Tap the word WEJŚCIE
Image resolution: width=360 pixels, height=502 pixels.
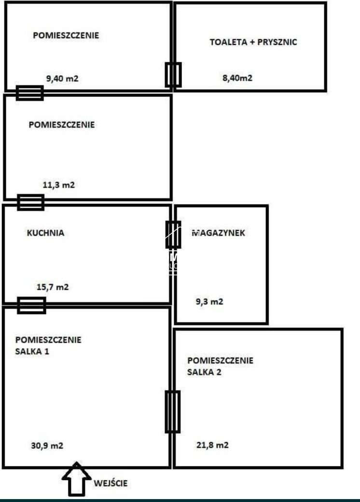(111, 483)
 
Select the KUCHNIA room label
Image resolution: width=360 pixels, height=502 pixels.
(45, 232)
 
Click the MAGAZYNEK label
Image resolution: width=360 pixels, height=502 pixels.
(219, 232)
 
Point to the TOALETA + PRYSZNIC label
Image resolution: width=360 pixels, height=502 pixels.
(253, 42)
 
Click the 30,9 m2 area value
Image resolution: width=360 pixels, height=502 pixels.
(47, 446)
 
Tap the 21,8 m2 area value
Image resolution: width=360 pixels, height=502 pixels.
(212, 445)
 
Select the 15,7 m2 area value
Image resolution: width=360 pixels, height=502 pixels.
(53, 287)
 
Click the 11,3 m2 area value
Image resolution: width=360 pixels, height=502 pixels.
(59, 184)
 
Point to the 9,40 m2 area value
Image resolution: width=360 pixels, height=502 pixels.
(62, 79)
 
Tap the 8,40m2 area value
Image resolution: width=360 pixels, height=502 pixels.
(237, 78)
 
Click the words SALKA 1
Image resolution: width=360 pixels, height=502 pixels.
(32, 351)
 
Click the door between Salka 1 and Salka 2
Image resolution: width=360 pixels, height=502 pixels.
(172, 411)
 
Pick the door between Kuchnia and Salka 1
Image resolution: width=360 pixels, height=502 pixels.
(31, 305)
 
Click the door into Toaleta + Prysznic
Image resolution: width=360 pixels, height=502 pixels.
(173, 75)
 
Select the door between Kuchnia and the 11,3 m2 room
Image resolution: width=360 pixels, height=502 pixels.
(31, 202)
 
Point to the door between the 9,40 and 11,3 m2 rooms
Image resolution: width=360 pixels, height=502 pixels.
(29, 93)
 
